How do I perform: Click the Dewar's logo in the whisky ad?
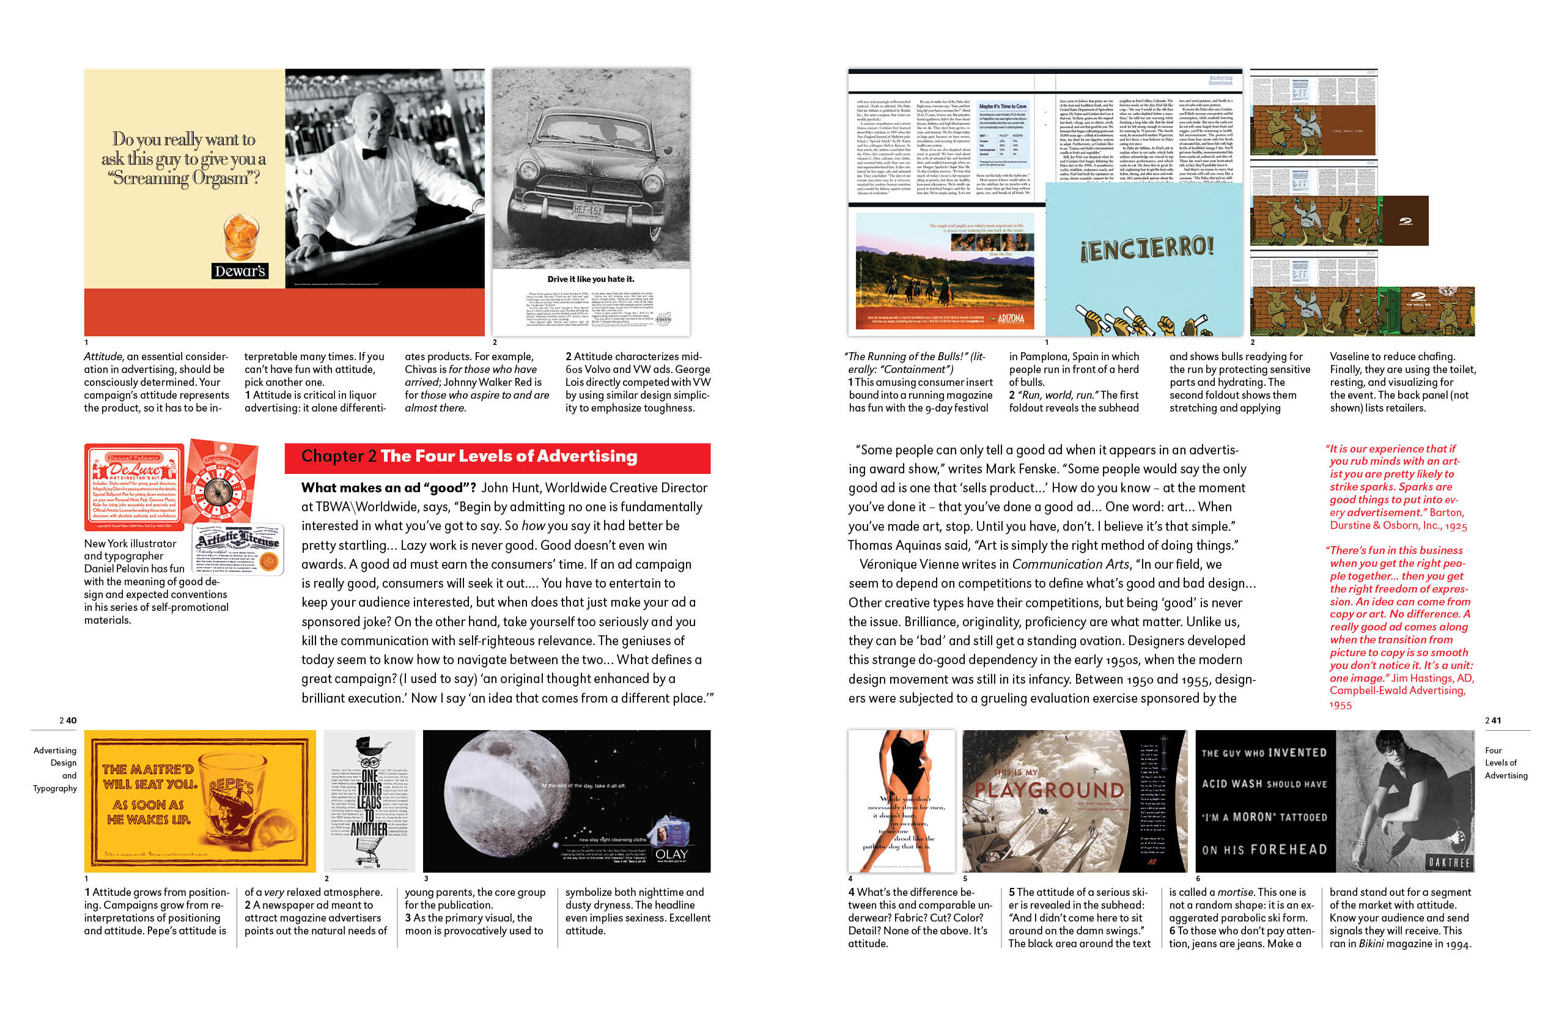click(x=240, y=270)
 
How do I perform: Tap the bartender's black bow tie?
click(x=374, y=153)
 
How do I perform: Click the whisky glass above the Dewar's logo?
click(x=241, y=236)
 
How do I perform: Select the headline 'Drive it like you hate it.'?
click(x=591, y=279)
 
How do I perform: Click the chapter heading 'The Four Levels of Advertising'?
click(x=508, y=456)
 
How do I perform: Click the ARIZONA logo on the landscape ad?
click(x=1010, y=319)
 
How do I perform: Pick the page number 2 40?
click(x=68, y=720)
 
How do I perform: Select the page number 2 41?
click(x=1493, y=720)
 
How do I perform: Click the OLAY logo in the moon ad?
click(x=671, y=854)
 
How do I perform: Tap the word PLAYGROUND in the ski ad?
click(x=1049, y=790)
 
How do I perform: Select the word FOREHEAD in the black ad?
click(x=1289, y=849)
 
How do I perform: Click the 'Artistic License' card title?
click(x=238, y=541)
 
